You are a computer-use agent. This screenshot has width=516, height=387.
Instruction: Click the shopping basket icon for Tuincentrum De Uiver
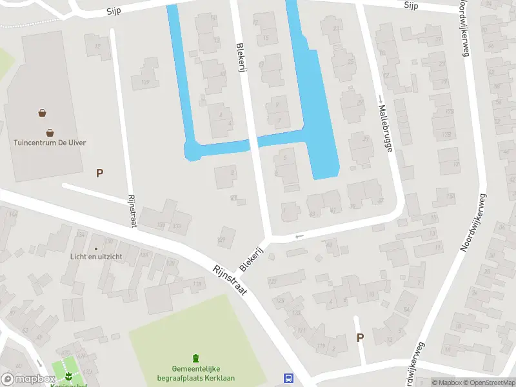pyautogui.click(x=43, y=113)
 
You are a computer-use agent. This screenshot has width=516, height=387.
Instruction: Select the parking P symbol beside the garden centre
pyautogui.click(x=99, y=173)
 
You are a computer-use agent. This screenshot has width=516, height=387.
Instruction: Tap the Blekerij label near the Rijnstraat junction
pyautogui.click(x=253, y=258)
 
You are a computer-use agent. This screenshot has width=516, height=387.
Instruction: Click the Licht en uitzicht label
pyautogui.click(x=96, y=256)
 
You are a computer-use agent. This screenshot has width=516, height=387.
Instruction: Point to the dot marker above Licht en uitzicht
pyautogui.click(x=96, y=248)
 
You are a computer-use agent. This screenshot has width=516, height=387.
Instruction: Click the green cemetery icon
pyautogui.click(x=195, y=359)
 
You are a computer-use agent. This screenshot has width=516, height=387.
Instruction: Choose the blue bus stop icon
pyautogui.click(x=288, y=378)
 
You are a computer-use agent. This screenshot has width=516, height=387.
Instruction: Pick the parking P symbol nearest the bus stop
pyautogui.click(x=360, y=337)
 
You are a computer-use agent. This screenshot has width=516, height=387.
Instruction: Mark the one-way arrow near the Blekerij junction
pyautogui.click(x=298, y=236)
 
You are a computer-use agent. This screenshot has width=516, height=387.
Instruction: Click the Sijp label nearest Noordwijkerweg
pyautogui.click(x=412, y=5)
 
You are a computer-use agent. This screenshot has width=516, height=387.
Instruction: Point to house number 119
pyautogui.click(x=321, y=346)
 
